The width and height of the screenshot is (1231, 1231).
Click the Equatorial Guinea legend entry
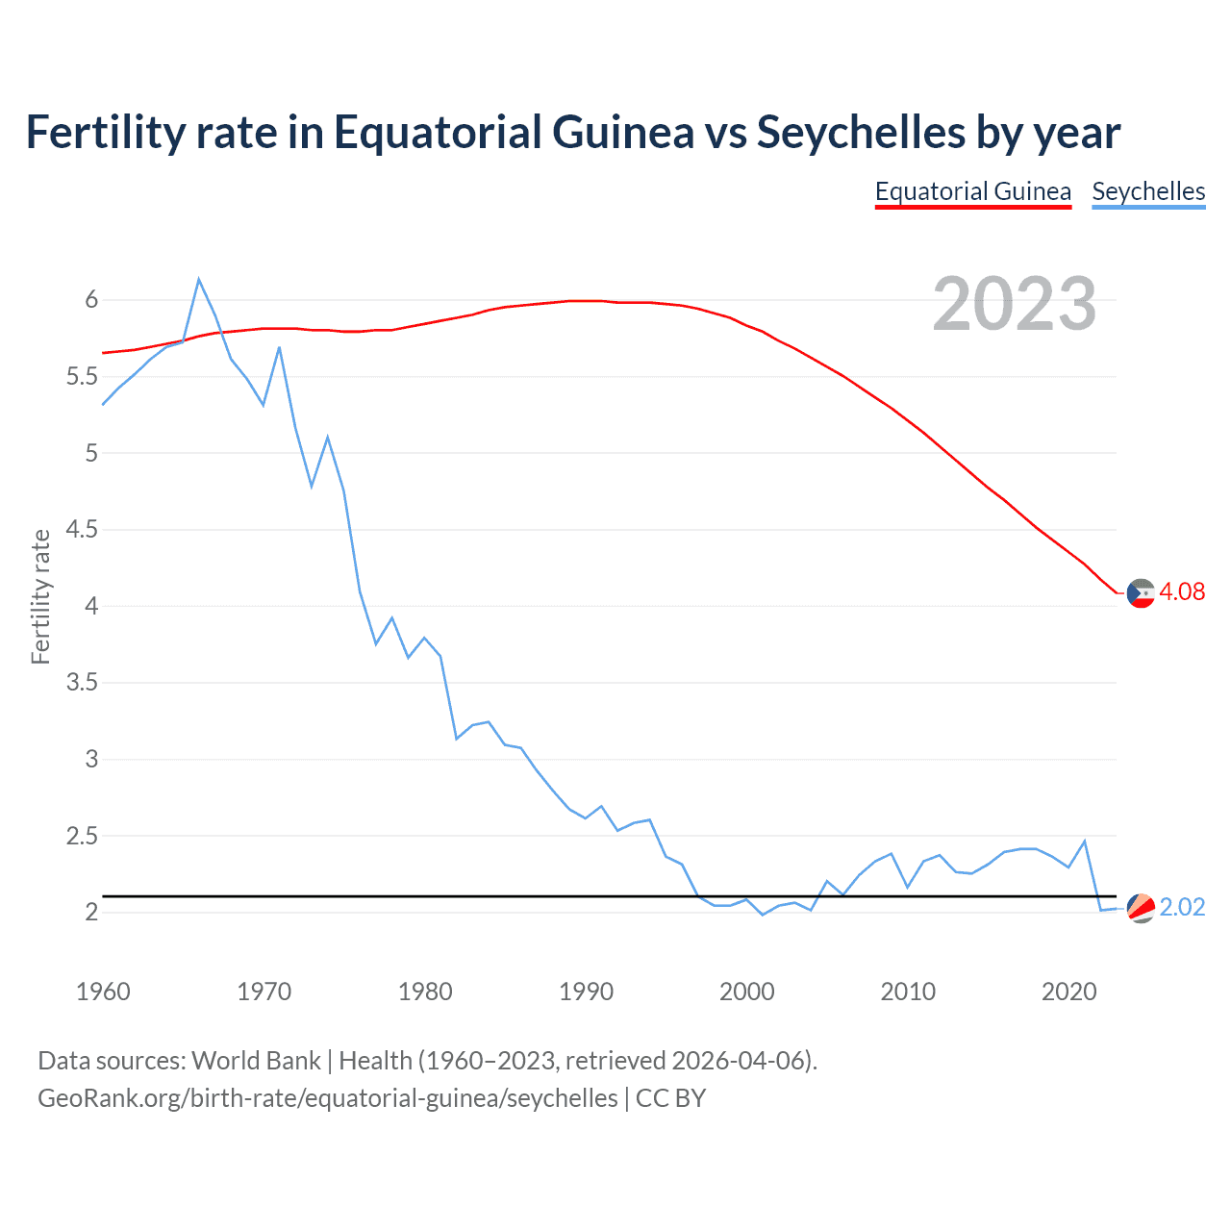[x=972, y=191]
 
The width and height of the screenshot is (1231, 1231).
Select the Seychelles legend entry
[x=1148, y=191]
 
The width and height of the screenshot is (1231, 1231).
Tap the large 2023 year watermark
[x=1015, y=304]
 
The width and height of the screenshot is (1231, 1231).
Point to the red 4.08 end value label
[x=1182, y=591]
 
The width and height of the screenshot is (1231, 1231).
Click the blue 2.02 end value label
[x=1182, y=907]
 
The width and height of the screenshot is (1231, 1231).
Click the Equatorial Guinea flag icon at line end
[x=1141, y=593]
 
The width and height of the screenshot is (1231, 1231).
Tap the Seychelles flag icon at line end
[x=1141, y=908]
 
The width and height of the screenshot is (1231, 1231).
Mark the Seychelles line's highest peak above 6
[x=199, y=280]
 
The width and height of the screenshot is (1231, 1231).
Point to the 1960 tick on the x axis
[x=103, y=992]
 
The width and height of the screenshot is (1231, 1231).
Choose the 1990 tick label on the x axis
[x=586, y=992]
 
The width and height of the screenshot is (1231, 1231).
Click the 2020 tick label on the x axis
[x=1068, y=992]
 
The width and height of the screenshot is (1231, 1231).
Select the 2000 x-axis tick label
[x=746, y=992]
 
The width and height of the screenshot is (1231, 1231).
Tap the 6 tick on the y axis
[x=91, y=300]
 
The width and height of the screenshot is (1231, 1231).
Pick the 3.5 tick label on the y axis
[x=82, y=683]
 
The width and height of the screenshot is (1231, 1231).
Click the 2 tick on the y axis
[x=91, y=912]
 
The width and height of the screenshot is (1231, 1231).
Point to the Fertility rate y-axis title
[x=40, y=596]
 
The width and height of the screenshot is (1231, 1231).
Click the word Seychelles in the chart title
[x=861, y=132]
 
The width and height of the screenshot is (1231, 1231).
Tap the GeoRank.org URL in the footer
[x=327, y=1097]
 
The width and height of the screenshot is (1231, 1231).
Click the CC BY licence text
[x=670, y=1097]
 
